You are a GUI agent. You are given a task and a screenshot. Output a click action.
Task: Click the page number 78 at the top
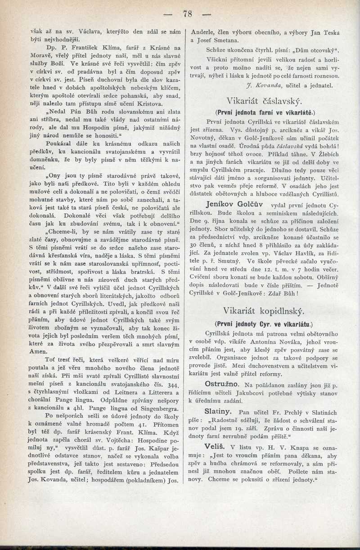point(188,14)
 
